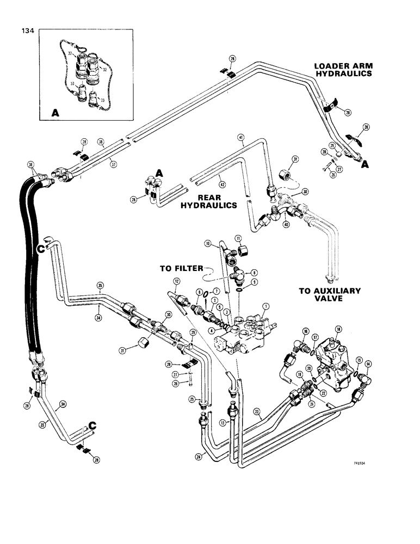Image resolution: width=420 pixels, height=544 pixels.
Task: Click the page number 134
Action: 26,32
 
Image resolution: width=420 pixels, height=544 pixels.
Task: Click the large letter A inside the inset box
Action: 54,113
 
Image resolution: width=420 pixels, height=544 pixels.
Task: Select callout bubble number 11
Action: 237,239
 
